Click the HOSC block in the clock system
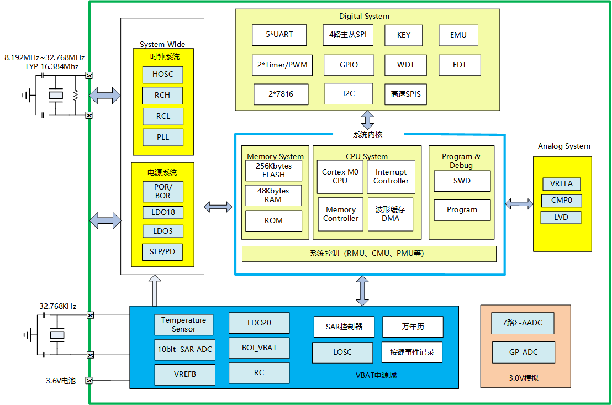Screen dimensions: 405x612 tap(162, 75)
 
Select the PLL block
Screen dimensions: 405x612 tap(162, 137)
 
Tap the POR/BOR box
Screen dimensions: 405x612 tap(162, 191)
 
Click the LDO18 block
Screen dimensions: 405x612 tap(162, 213)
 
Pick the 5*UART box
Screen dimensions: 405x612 tap(279, 35)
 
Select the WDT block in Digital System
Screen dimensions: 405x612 tap(405, 65)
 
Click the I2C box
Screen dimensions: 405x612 tap(348, 93)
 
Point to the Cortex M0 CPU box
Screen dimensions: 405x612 tap(340, 176)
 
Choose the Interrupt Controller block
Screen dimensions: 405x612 tap(391, 176)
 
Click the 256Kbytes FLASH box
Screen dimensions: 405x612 tap(273, 170)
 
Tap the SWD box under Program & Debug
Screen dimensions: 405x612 tap(462, 181)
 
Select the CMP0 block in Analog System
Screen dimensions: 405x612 tap(561, 201)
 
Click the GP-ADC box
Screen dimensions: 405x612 tap(523, 352)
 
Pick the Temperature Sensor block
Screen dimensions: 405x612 tap(183, 324)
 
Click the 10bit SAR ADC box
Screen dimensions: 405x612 tap(184, 349)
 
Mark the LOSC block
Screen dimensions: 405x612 tap(342, 353)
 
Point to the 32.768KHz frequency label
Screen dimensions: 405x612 tap(57, 306)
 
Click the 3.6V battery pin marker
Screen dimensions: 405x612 tap(89, 380)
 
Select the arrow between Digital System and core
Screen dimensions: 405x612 tap(368, 120)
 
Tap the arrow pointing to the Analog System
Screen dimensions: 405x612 tap(519, 204)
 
